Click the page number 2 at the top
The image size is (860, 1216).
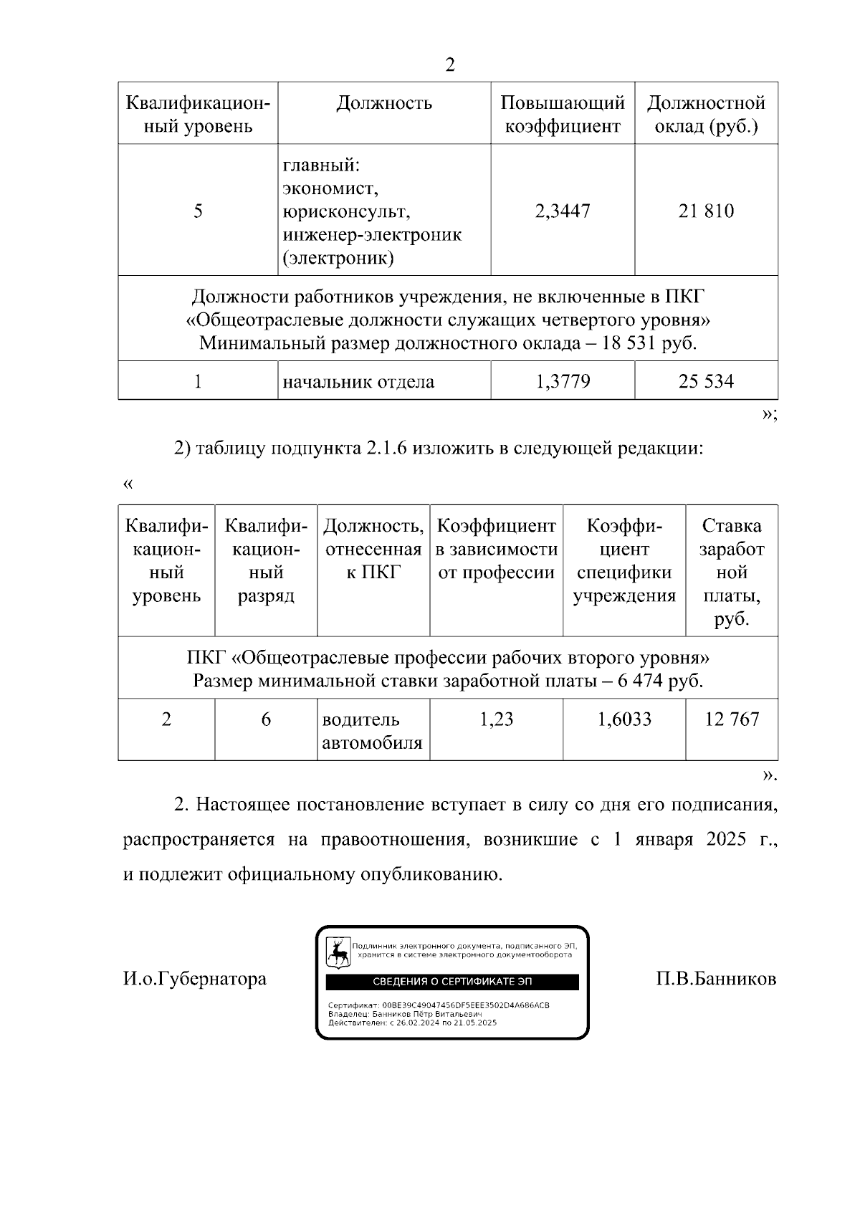tap(449, 65)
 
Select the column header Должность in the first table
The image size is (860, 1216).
tap(384, 103)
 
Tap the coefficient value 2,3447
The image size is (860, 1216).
tap(563, 211)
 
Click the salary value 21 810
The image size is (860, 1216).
tap(706, 211)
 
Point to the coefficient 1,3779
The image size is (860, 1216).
tap(563, 381)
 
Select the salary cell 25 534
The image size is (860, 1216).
tap(706, 381)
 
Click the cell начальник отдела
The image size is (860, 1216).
tap(358, 382)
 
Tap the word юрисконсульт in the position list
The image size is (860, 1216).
tap(346, 212)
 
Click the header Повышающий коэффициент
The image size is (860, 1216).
tap(563, 115)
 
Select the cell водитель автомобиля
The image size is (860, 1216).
tap(372, 731)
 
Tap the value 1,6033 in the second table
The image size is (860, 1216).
tap(624, 719)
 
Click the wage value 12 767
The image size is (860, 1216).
tap(732, 719)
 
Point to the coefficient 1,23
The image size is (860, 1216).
tap(496, 719)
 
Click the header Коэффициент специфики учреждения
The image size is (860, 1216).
tap(624, 560)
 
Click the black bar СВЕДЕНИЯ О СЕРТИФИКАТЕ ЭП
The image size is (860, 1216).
tap(452, 982)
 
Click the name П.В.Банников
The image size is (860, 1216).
tap(716, 979)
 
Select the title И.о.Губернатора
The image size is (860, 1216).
tap(195, 979)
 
